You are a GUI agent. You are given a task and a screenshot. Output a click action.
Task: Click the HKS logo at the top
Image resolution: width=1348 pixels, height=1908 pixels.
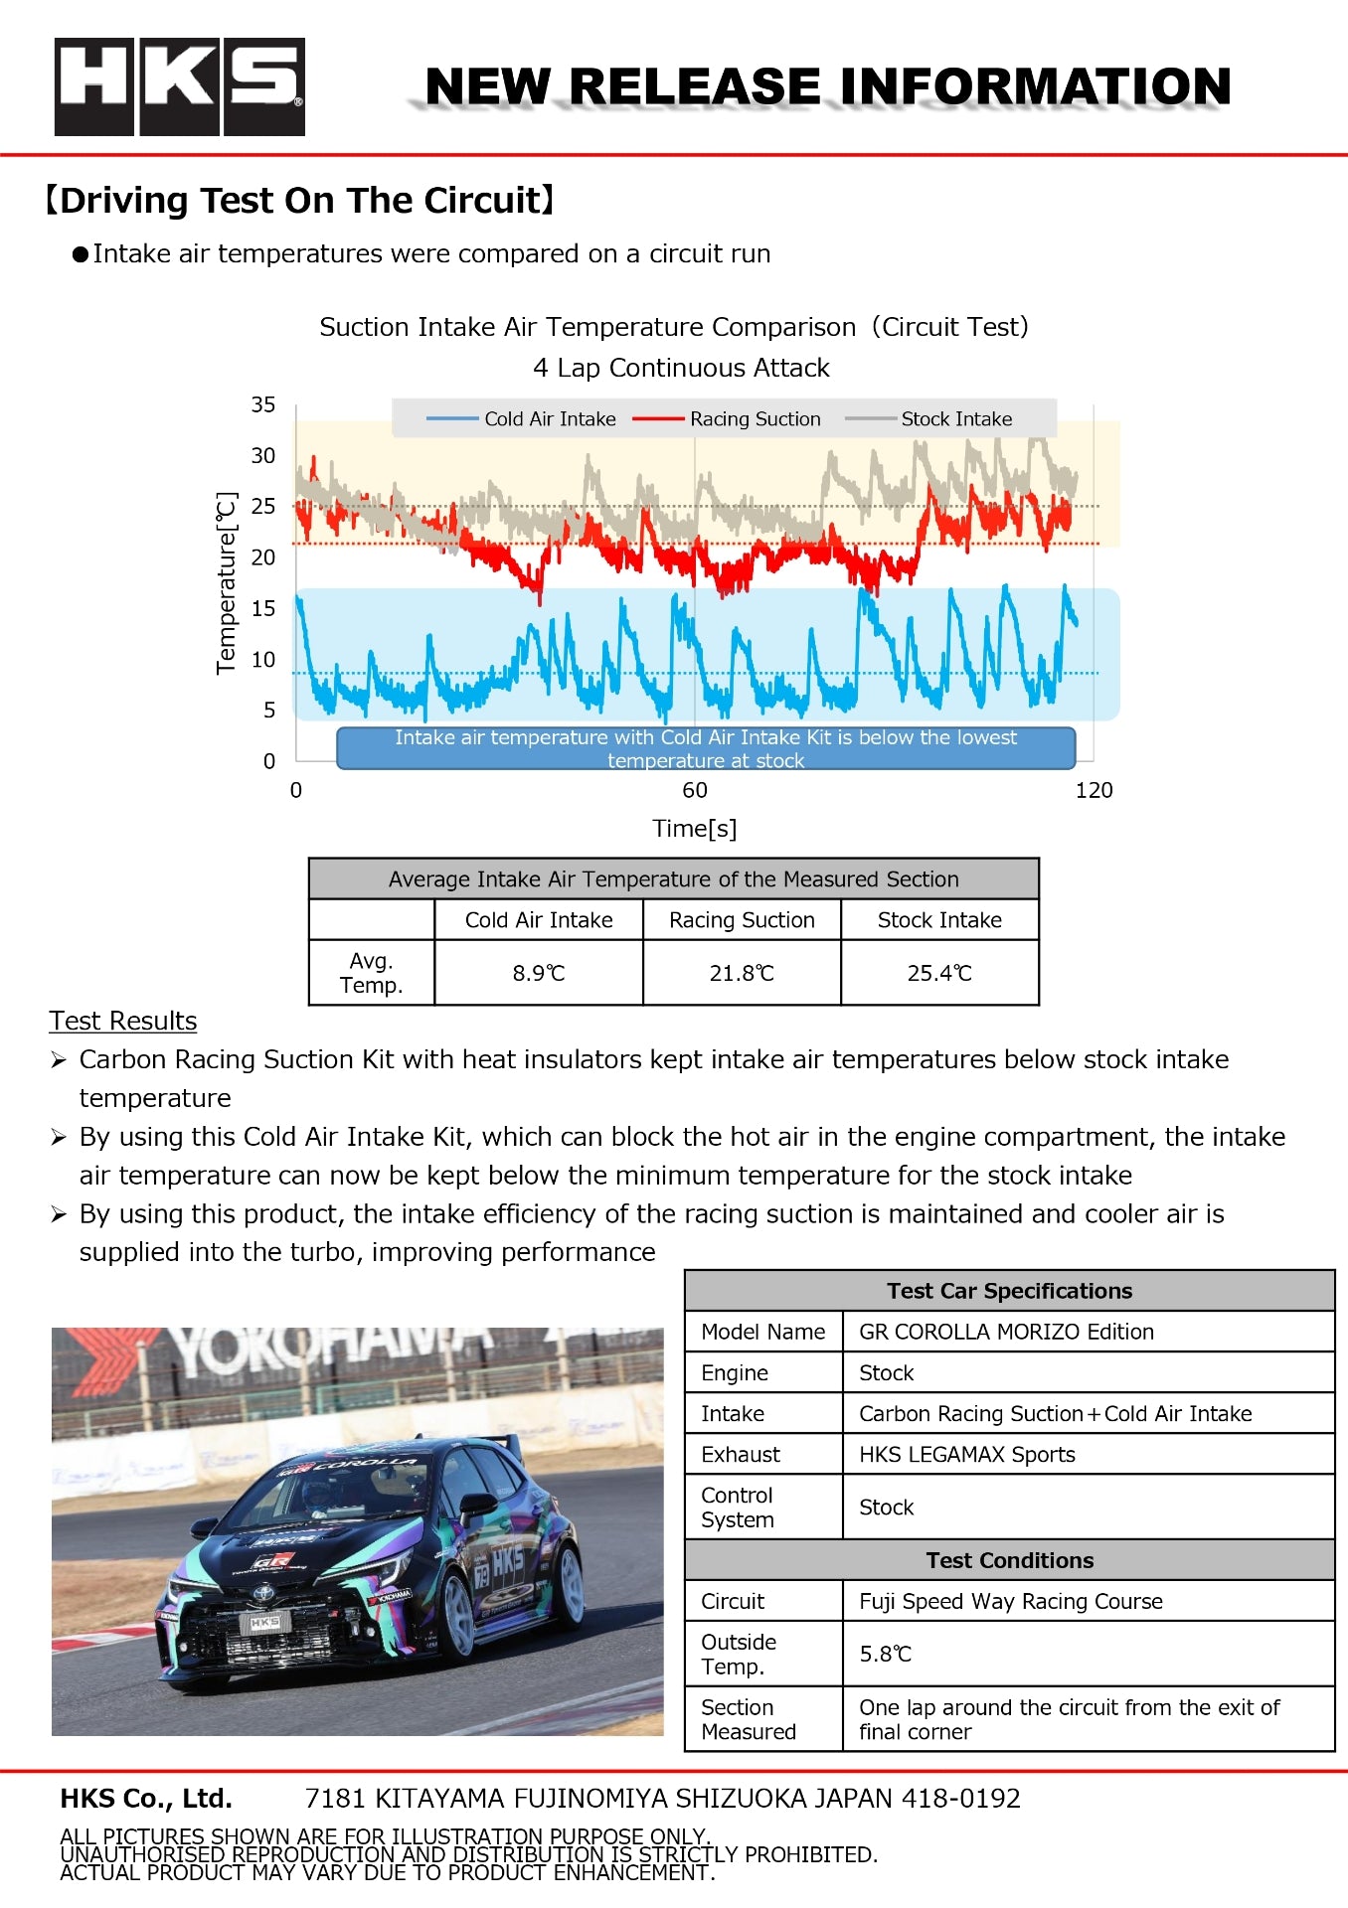(179, 86)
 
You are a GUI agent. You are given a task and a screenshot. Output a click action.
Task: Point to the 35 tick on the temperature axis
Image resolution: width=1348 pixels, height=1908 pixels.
(263, 404)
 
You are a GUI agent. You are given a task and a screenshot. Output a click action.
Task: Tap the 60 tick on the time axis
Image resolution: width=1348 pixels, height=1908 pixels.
(695, 790)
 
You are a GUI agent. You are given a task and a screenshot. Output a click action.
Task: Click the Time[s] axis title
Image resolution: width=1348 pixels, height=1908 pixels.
(695, 828)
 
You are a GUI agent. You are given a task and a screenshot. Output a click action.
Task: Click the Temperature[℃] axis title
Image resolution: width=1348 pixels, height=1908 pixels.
(228, 583)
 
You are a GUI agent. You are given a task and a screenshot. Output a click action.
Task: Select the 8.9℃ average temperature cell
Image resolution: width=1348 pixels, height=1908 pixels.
(539, 973)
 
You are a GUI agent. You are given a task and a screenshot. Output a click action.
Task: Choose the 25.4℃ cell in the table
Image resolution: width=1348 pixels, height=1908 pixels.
(939, 973)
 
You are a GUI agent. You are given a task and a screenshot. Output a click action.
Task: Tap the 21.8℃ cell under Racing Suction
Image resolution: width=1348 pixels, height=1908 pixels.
(742, 973)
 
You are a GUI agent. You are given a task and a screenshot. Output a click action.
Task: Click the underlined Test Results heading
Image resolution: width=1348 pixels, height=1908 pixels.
(123, 1021)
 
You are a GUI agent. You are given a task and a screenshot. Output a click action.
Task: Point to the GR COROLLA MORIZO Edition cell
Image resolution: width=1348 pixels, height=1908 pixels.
(1006, 1332)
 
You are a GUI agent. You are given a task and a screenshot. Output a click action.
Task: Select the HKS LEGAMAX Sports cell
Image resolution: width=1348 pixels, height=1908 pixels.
(966, 1454)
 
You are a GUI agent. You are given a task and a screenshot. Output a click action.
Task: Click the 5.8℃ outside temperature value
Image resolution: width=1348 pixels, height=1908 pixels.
(885, 1654)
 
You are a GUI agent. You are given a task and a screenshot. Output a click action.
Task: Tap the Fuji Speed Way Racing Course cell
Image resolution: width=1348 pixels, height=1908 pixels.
(1010, 1601)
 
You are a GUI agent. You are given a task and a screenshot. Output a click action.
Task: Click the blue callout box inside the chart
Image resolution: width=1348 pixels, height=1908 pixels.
(706, 748)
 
